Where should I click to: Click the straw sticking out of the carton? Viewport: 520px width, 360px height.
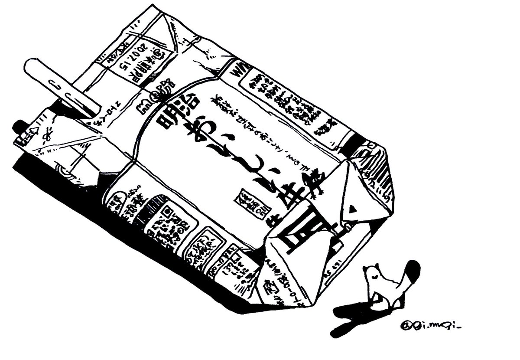[61, 85]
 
